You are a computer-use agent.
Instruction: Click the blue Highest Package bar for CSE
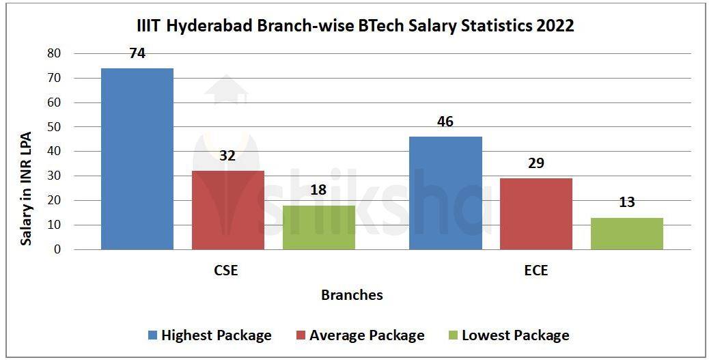tap(137, 158)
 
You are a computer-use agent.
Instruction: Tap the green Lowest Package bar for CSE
tap(318, 227)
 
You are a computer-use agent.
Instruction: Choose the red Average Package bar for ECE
tap(536, 213)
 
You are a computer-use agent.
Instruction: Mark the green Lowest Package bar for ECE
tap(626, 233)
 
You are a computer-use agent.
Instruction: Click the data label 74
tap(137, 53)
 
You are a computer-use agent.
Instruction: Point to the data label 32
tap(227, 156)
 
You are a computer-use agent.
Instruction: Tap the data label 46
tap(445, 122)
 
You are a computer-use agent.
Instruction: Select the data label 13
tap(626, 202)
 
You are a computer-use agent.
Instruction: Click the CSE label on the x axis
tap(226, 271)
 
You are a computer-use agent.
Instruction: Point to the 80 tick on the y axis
tap(54, 53)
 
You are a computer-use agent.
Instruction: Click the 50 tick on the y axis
tap(54, 127)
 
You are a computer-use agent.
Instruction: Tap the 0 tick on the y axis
tap(57, 249)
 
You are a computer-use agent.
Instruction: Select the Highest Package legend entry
tap(210, 335)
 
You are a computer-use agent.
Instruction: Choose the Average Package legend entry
tap(360, 335)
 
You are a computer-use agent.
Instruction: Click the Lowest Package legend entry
tap(508, 335)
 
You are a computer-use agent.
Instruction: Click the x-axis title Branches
tap(352, 295)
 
